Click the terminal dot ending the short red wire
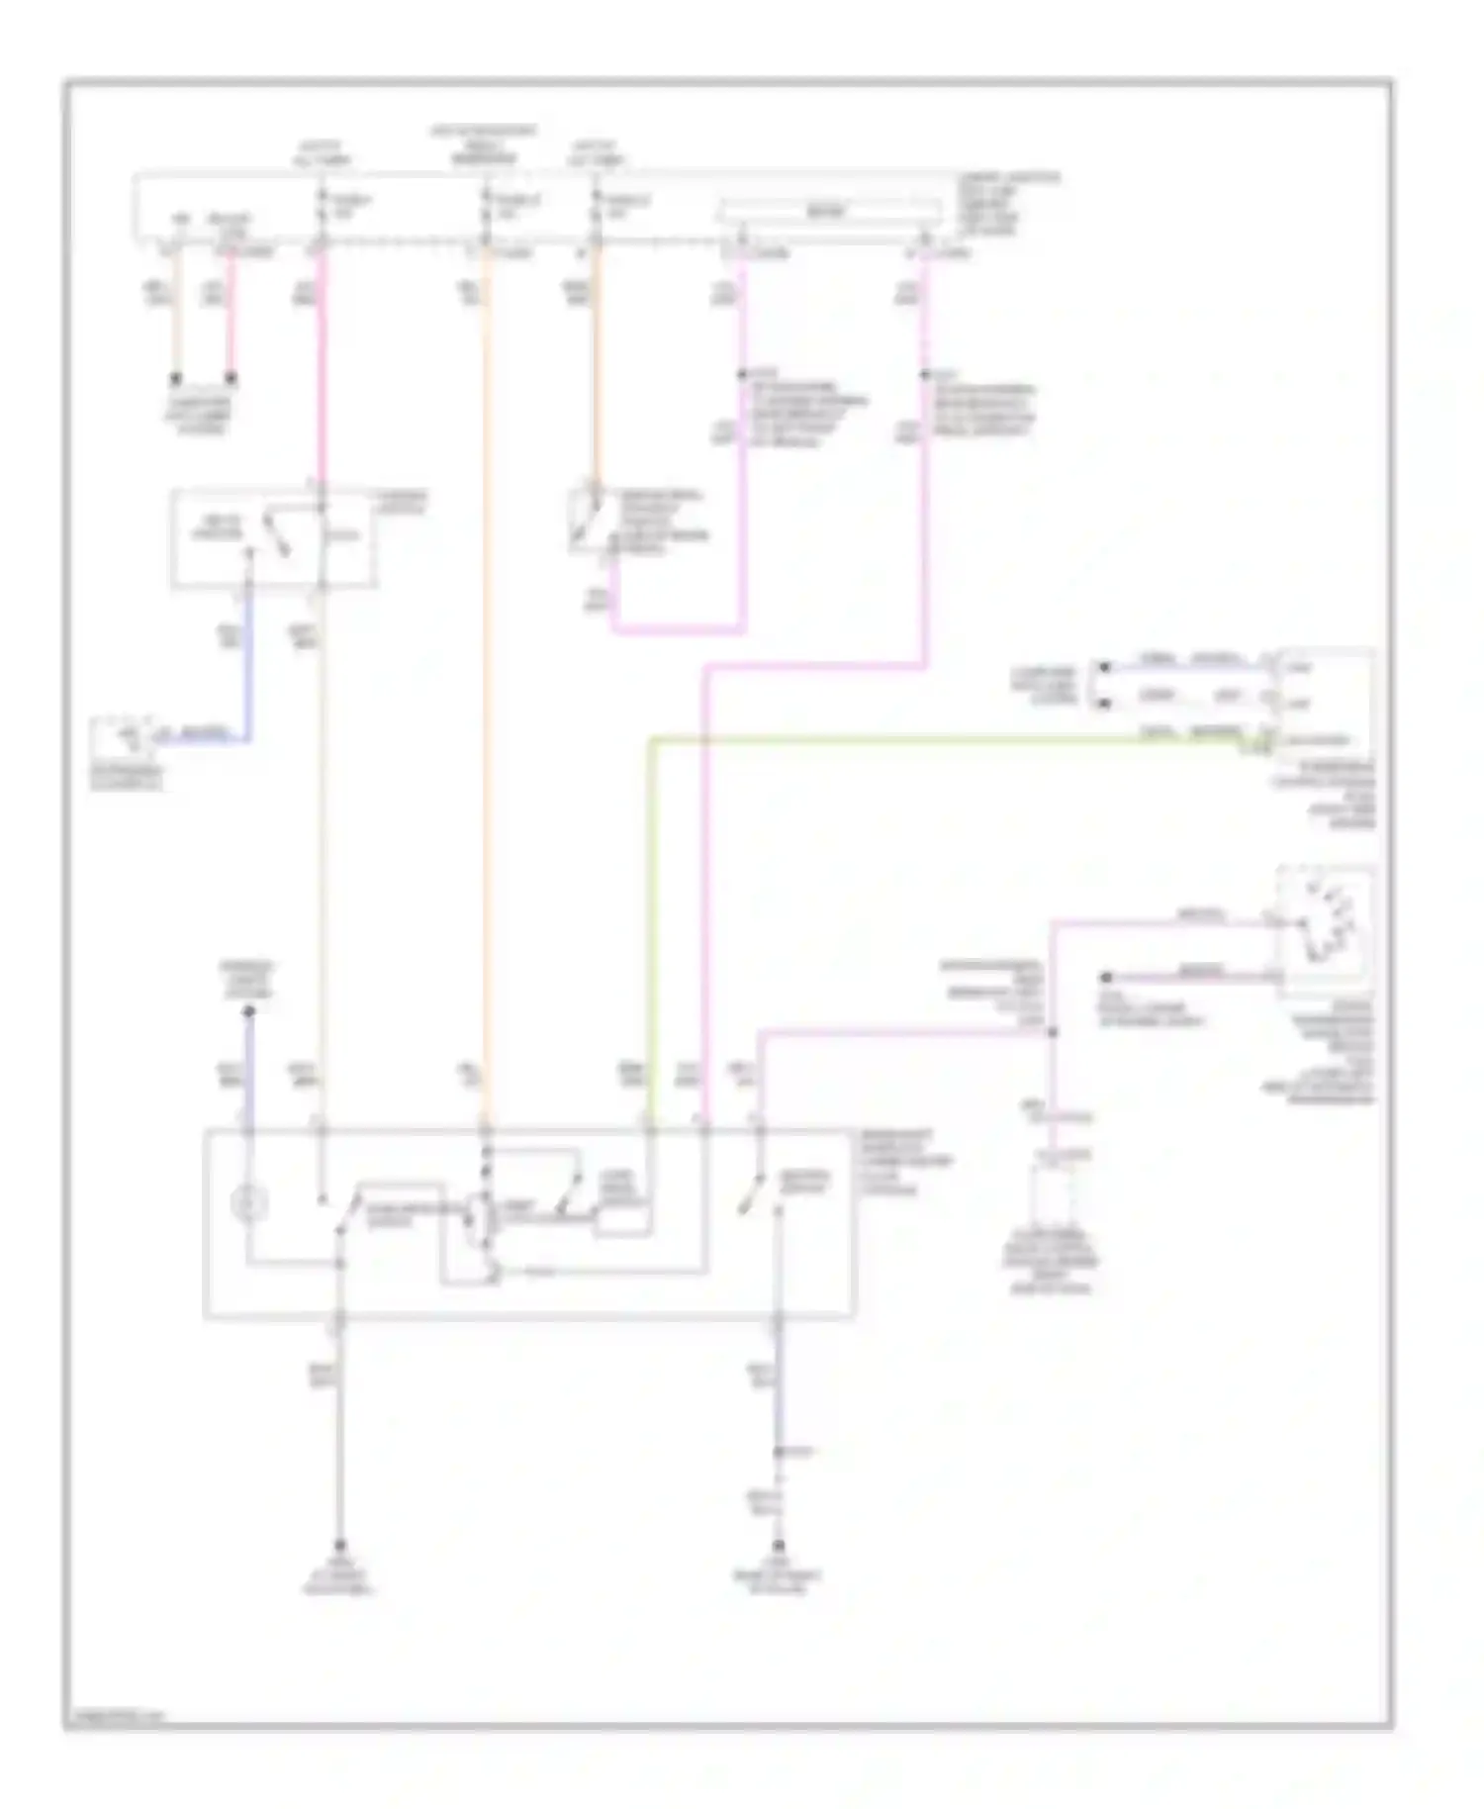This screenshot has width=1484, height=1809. (x=231, y=378)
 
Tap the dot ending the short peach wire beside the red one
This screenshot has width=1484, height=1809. (x=176, y=378)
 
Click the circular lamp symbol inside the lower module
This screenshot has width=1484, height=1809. (x=248, y=1203)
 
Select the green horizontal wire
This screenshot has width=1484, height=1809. (x=940, y=737)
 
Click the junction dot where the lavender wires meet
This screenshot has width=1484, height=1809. (x=1053, y=1032)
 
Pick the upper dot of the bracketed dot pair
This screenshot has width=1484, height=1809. (x=1104, y=668)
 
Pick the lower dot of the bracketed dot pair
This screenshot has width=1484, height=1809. (x=1104, y=704)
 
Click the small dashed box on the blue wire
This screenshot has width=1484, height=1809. (x=119, y=737)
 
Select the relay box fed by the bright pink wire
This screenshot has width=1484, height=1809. (x=273, y=538)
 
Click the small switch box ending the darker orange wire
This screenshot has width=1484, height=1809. (x=590, y=518)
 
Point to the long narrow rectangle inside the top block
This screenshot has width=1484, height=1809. (x=829, y=210)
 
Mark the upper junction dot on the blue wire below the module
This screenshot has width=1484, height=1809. (x=779, y=1452)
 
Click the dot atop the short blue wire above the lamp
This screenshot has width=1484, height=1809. (x=248, y=1011)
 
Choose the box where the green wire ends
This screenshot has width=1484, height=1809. (x=1324, y=704)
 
